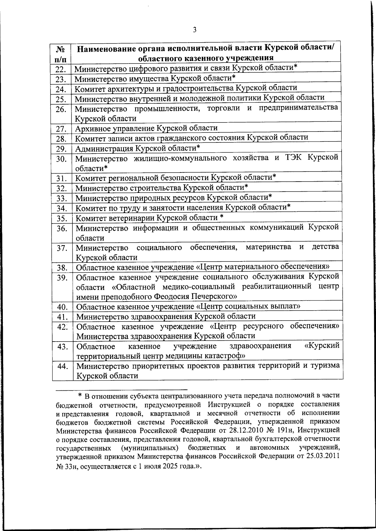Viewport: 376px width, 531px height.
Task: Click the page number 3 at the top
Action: [x=195, y=30]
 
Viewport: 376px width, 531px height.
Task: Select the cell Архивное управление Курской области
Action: [x=146, y=128]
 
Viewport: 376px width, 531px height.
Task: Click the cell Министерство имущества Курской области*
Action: [x=155, y=78]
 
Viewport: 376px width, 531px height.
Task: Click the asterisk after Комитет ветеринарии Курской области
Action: [x=222, y=217]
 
